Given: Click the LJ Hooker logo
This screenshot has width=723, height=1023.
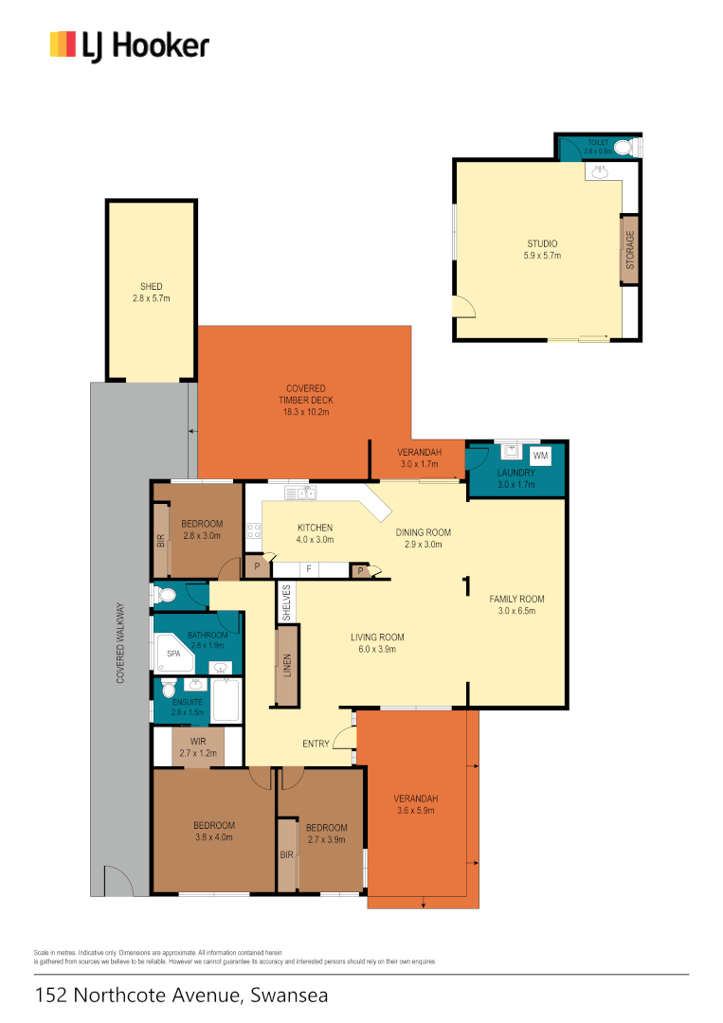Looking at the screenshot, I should coord(129,45).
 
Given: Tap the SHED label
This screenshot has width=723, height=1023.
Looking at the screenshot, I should coord(151,286).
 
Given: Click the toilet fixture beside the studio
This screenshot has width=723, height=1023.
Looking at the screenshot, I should coord(624,148).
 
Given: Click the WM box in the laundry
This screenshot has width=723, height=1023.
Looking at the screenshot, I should coord(540,457).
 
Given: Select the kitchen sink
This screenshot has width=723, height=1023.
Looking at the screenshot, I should coord(299,493).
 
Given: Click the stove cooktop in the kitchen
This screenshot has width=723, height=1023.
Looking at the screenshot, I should coord(254,531).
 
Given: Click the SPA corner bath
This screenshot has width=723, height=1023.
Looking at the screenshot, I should coord(174,655).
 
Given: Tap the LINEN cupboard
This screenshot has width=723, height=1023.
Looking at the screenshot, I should coord(285,665).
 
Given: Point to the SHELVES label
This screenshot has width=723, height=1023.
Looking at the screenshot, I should coord(285,602).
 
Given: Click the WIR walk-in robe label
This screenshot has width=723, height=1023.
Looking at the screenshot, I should coord(199,741).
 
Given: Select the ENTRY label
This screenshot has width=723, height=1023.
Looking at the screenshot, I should coord(316,744).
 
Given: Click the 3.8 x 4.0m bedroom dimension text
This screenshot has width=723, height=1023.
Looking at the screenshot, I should coord(213,836).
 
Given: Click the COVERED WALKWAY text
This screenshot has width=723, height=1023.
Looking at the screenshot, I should coord(120,643).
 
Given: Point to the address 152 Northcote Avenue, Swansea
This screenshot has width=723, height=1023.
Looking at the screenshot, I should coord(180,996).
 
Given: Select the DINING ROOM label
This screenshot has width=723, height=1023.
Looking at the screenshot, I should coord(423,532).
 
